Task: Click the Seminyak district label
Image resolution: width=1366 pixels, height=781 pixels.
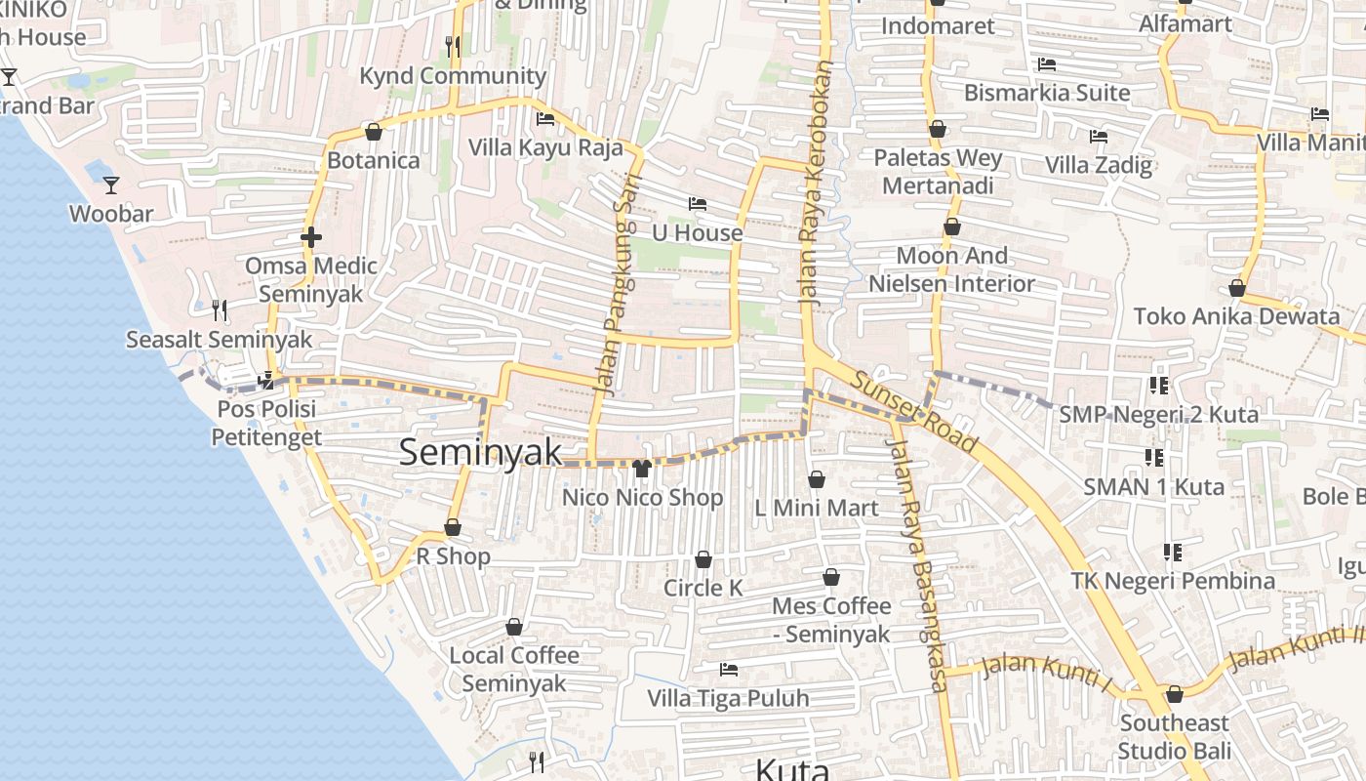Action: (480, 452)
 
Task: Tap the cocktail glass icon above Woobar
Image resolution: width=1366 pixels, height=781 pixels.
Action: (111, 185)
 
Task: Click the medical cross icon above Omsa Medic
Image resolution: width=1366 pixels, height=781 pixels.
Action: (311, 236)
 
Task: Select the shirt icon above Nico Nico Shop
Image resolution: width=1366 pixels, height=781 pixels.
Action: (641, 469)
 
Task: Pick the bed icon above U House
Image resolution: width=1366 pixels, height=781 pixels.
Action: (698, 204)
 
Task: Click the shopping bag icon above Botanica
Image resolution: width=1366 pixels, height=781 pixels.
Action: (373, 131)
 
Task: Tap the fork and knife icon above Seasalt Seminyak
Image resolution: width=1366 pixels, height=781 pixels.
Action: (220, 310)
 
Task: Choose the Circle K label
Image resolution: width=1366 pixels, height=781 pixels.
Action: (703, 588)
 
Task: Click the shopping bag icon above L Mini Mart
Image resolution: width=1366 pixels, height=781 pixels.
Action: (817, 479)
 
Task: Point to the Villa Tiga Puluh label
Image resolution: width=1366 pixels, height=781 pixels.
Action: (728, 699)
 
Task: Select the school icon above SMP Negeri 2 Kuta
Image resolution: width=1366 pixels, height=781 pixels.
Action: (1159, 386)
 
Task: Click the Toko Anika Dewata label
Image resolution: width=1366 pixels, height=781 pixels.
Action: (1236, 316)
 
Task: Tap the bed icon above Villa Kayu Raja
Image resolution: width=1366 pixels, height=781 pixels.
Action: (545, 119)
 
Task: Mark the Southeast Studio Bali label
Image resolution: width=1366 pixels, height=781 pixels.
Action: (1174, 737)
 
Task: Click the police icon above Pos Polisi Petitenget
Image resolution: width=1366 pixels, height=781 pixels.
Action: (266, 381)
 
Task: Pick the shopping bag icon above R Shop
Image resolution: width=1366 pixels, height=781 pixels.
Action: (453, 527)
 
